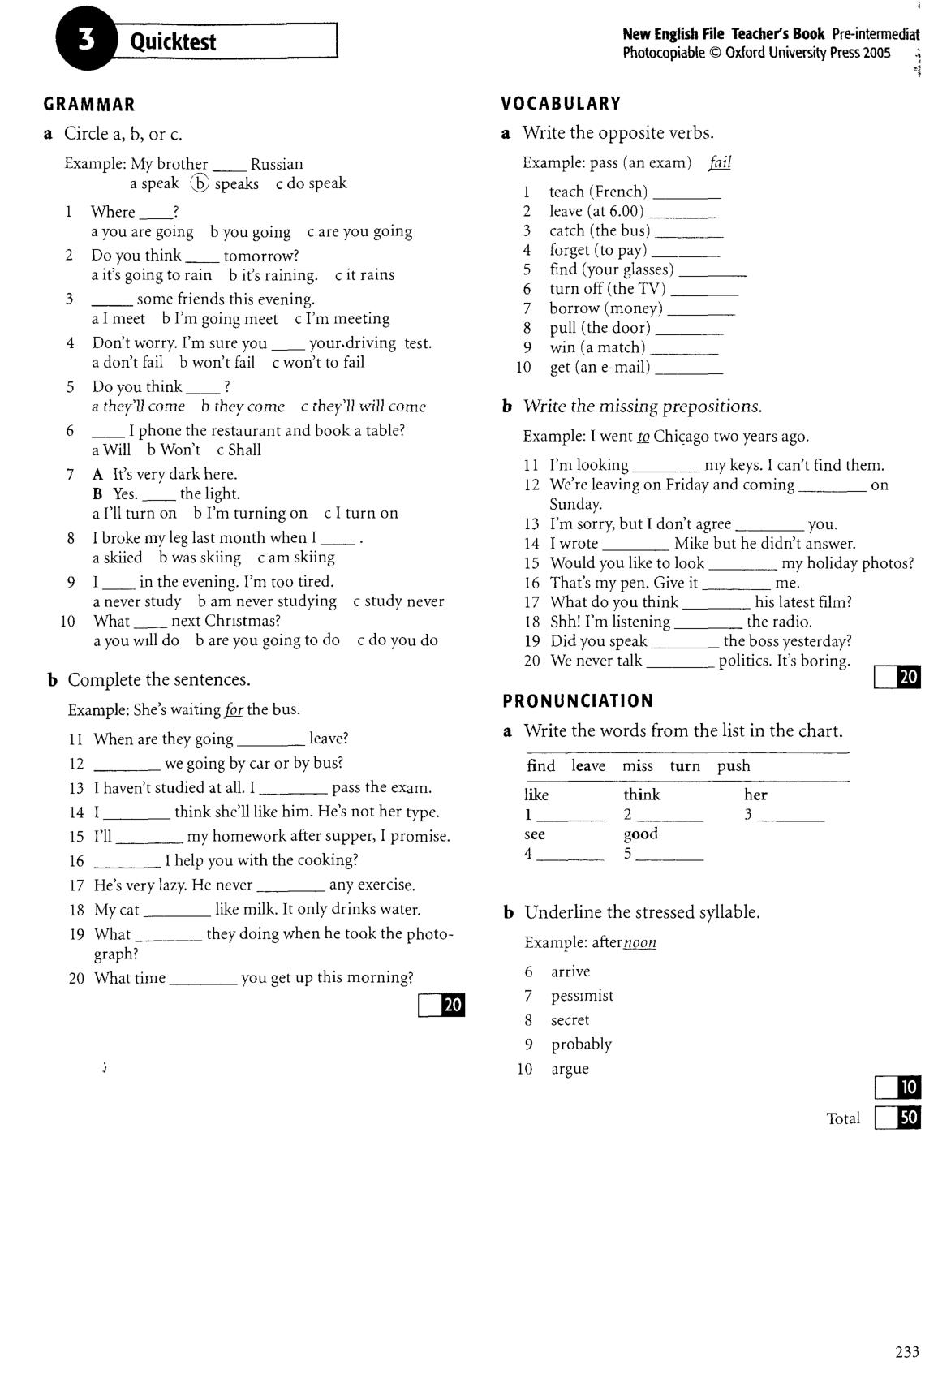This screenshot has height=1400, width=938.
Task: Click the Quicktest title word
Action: [173, 41]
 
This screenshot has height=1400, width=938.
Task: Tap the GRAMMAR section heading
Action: [89, 105]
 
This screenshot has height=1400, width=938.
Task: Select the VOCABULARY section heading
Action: [561, 104]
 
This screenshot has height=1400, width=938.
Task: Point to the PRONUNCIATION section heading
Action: [578, 701]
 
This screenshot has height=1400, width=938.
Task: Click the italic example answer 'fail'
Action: [720, 162]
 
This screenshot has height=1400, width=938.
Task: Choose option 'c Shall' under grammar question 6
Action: [239, 450]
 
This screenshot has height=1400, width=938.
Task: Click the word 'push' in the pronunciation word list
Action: [734, 766]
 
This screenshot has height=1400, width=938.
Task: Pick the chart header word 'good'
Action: [641, 834]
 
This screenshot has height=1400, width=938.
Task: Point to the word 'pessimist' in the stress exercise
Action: [582, 996]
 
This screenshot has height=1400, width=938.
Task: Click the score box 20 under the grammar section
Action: [442, 1006]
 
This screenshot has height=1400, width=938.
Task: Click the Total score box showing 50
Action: [898, 1118]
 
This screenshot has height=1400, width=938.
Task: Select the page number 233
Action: [907, 1352]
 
